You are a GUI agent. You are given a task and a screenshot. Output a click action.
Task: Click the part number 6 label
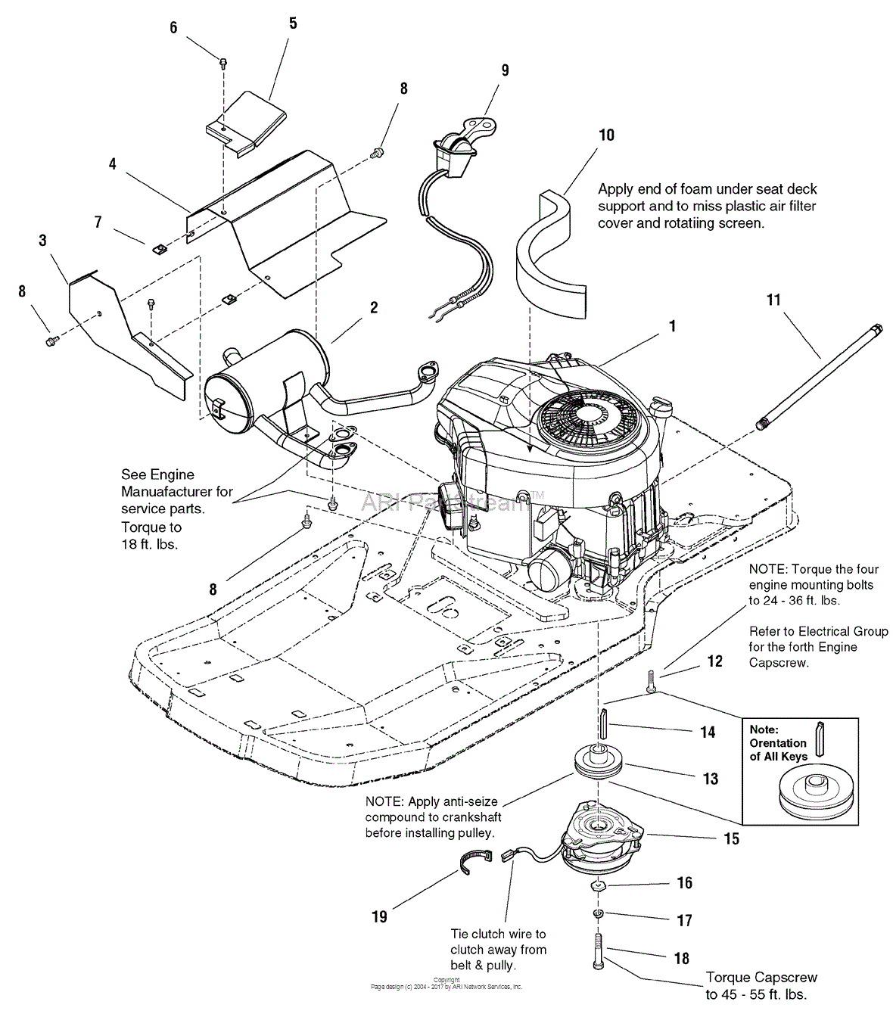[173, 28]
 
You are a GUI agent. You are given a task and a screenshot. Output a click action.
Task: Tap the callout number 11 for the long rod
[773, 300]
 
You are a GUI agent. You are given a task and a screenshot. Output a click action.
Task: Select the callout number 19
[379, 916]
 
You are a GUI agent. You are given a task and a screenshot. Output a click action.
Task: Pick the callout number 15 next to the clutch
[731, 839]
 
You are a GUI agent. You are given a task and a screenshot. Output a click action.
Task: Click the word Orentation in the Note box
[778, 743]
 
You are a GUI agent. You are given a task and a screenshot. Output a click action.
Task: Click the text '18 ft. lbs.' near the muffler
[150, 544]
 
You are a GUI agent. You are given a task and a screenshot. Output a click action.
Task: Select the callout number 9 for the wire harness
[505, 70]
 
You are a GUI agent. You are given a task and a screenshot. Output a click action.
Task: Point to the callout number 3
[42, 241]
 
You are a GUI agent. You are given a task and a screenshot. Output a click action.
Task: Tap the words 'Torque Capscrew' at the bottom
[761, 978]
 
